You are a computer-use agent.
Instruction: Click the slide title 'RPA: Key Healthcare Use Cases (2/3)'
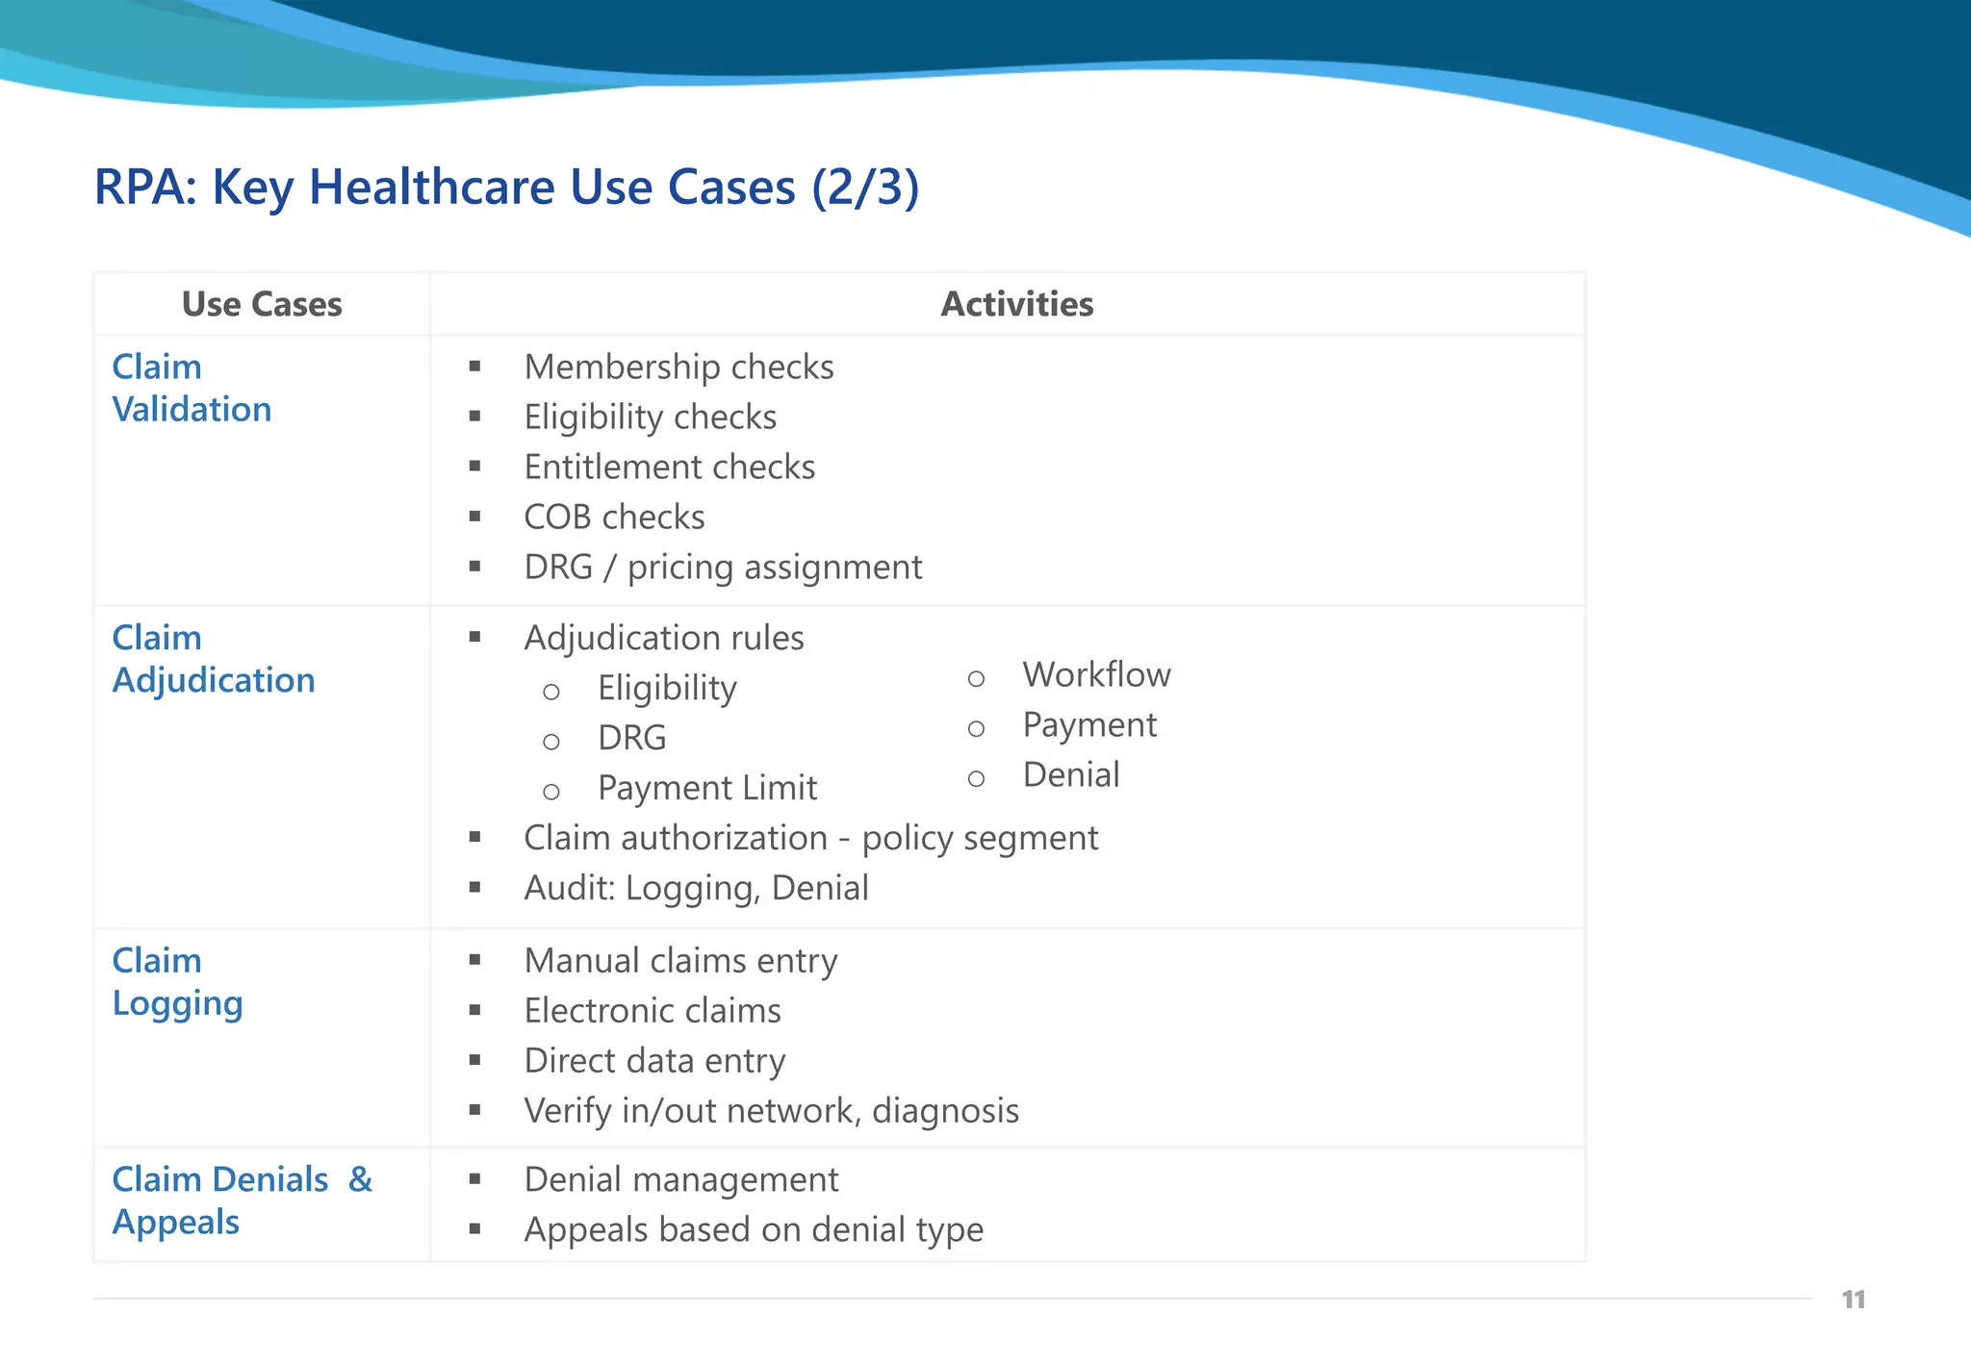[506, 187]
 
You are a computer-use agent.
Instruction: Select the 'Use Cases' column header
[262, 304]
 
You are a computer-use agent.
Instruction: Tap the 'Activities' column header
[1016, 304]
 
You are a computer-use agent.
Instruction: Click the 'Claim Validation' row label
[192, 388]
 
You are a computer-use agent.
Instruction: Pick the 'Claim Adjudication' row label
[213, 659]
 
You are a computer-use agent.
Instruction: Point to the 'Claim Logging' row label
[177, 981]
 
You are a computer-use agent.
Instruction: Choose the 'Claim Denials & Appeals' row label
[242, 1200]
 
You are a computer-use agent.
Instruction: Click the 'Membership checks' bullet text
[678, 366]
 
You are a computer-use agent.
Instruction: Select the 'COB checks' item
[614, 517]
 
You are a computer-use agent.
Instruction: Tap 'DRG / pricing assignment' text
[723, 567]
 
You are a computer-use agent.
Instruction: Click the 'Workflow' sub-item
[1096, 674]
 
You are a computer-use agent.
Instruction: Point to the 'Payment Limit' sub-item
[707, 788]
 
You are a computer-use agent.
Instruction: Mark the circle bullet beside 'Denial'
[976, 778]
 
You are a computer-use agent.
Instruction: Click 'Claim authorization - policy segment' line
[810, 838]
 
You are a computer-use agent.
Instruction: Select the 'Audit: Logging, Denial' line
[696, 888]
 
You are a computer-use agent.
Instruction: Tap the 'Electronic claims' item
[653, 1010]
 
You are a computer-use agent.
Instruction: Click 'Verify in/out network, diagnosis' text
[771, 1110]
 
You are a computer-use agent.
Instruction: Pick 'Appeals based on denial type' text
[754, 1229]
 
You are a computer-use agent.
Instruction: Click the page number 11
[1853, 1300]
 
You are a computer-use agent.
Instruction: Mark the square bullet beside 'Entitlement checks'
[474, 467]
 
